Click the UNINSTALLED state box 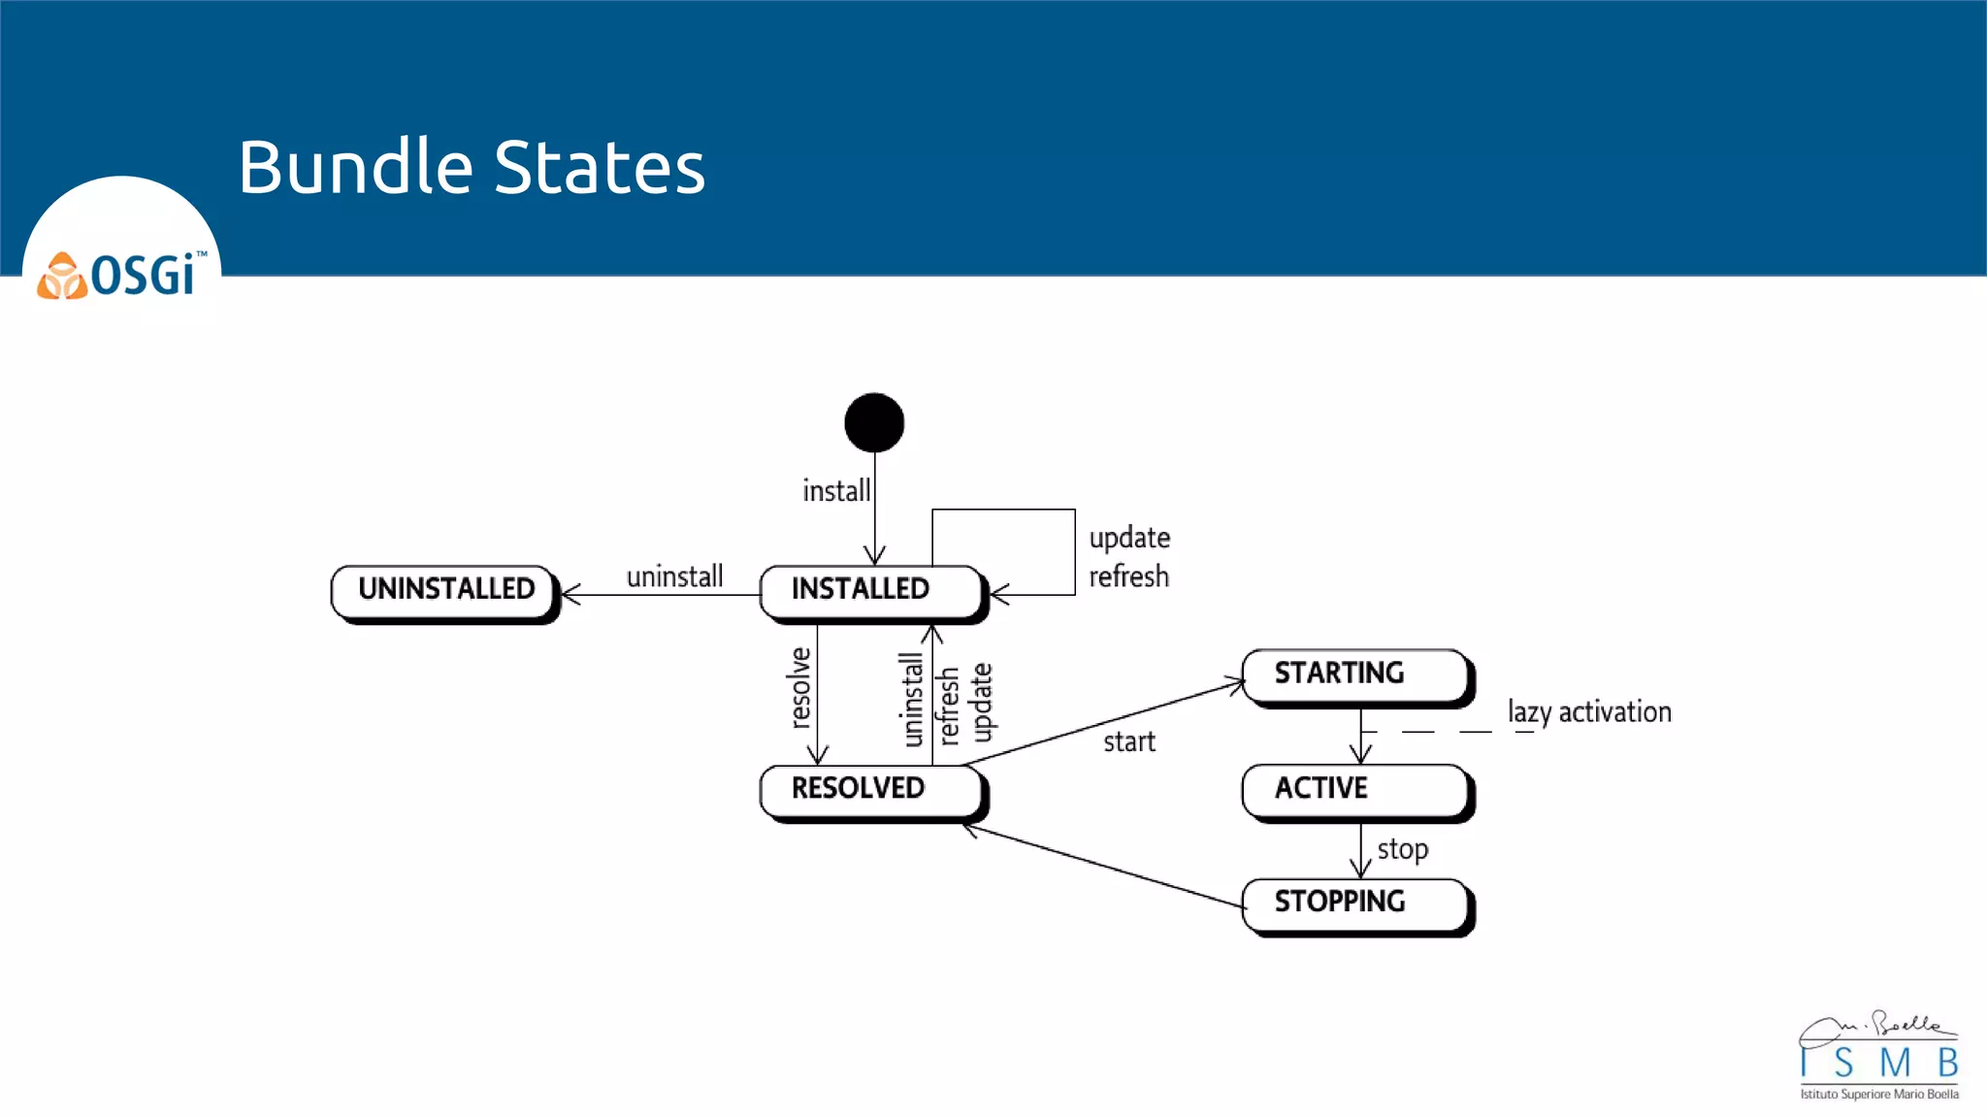[445, 591]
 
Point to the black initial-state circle [874, 423]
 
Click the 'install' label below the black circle [836, 491]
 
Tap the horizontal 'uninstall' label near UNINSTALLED [674, 576]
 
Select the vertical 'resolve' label [799, 687]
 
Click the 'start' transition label [1129, 742]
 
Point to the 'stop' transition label [1403, 850]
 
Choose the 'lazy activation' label [1589, 712]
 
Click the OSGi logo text [144, 276]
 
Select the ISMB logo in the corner [1878, 1057]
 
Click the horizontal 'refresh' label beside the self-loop [1128, 576]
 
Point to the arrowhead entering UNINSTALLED [570, 594]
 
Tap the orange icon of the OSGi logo [62, 277]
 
